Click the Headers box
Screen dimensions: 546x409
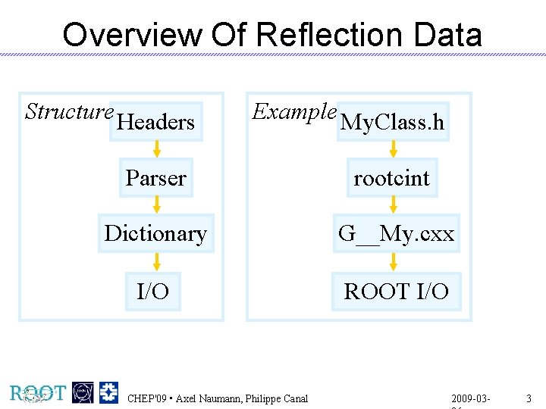[156, 122]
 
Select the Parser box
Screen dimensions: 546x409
[156, 178]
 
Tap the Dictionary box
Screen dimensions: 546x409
[155, 233]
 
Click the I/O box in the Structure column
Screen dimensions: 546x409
[153, 291]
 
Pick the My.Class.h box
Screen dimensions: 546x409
[392, 122]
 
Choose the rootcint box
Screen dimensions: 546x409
[392, 178]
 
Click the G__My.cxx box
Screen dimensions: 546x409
[396, 233]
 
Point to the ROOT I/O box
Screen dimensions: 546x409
[396, 291]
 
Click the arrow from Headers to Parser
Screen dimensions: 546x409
[156, 149]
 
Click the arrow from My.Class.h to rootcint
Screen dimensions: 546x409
[392, 149]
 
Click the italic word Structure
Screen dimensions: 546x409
[69, 112]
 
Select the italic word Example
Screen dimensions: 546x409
[294, 112]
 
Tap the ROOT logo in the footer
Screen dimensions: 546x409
[38, 392]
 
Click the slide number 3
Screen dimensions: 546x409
[529, 398]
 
